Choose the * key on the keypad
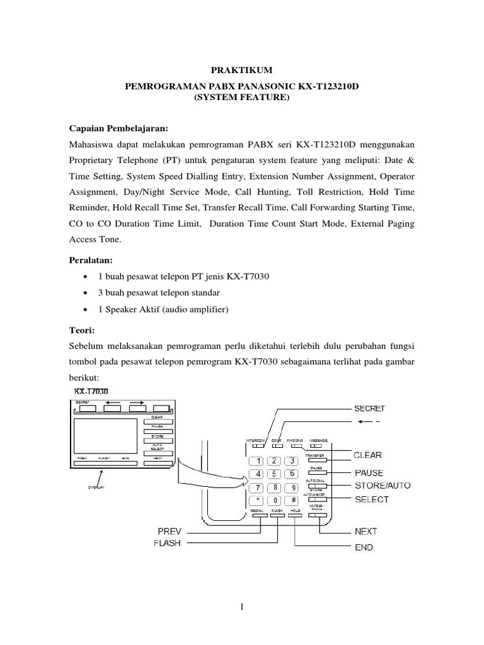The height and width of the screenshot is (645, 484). pos(258,500)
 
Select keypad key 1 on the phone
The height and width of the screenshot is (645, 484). pos(258,460)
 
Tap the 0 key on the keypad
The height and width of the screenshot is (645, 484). pos(275,500)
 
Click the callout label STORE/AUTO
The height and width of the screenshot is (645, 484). pos(382,485)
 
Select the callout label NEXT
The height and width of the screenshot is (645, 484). pos(366,532)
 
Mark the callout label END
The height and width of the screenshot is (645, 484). pos(363,547)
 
